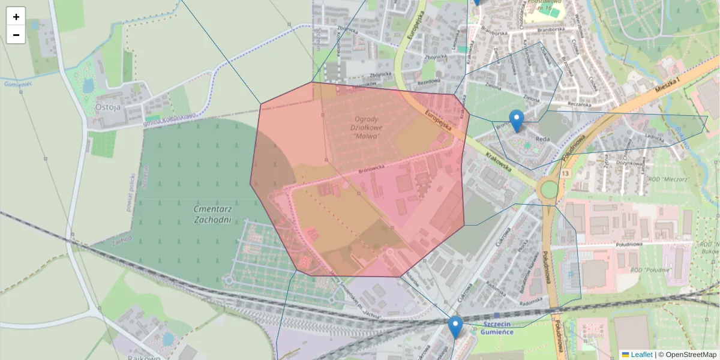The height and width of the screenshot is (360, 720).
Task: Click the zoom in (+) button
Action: (16, 17)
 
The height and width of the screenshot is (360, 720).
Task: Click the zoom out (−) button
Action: (16, 35)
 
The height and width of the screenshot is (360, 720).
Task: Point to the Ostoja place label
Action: (108, 107)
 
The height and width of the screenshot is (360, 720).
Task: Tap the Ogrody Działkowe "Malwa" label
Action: (365, 127)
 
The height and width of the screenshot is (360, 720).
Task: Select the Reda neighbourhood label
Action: (542, 139)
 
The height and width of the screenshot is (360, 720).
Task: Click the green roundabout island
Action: (548, 190)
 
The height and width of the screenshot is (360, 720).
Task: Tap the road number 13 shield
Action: (565, 173)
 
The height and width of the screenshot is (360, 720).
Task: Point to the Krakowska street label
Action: (499, 161)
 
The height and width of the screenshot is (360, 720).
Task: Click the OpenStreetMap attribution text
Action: (690, 355)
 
